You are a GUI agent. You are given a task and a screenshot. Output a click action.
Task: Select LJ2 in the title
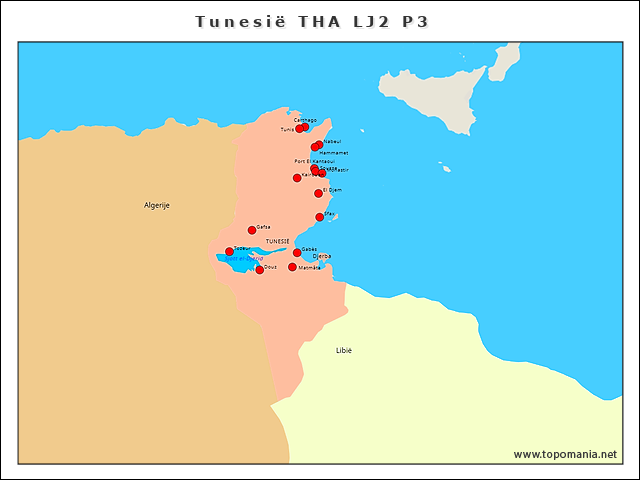click(366, 22)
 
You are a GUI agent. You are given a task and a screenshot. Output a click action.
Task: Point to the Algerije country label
click(157, 205)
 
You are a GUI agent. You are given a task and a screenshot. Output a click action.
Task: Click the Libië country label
click(344, 350)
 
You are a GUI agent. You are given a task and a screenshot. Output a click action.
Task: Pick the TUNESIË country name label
click(278, 242)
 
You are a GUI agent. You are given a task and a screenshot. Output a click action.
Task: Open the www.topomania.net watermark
click(565, 454)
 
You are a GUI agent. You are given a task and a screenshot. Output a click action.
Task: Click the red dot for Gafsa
click(252, 230)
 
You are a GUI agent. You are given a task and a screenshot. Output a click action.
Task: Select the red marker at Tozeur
click(229, 252)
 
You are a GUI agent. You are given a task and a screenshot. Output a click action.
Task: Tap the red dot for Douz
click(259, 270)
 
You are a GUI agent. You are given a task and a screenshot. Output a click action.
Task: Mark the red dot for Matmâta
click(292, 267)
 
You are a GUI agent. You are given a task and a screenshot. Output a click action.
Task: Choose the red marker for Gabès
click(297, 252)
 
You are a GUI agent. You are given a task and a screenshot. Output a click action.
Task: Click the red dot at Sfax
click(320, 217)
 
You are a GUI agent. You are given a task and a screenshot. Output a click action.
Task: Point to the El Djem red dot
click(318, 193)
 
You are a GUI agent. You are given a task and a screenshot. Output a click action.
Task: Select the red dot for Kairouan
click(297, 177)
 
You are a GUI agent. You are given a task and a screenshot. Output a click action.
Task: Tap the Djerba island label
click(322, 256)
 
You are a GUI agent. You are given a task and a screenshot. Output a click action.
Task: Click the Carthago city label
click(305, 120)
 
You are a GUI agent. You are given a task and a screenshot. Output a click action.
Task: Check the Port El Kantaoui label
click(314, 161)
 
